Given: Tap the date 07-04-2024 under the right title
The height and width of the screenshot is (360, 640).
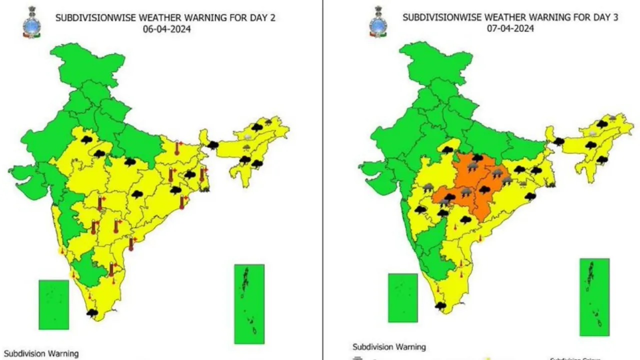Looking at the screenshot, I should pyautogui.click(x=510, y=28).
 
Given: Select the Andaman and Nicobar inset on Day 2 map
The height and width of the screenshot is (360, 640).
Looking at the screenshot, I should pyautogui.click(x=249, y=304).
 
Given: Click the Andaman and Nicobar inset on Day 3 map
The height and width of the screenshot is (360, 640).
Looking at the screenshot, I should pyautogui.click(x=594, y=297).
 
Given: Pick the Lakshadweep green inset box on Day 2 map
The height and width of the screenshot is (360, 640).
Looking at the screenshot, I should pyautogui.click(x=54, y=304).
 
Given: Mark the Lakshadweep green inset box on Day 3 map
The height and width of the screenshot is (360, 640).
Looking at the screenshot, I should pyautogui.click(x=402, y=297).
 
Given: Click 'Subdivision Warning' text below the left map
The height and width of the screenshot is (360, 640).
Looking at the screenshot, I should pyautogui.click(x=41, y=353).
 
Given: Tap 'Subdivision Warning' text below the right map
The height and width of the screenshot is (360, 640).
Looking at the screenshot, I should pyautogui.click(x=389, y=346).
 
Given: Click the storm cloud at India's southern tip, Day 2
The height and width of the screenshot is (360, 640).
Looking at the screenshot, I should pyautogui.click(x=92, y=313).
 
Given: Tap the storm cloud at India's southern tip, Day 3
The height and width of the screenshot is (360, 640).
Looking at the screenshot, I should pyautogui.click(x=440, y=305).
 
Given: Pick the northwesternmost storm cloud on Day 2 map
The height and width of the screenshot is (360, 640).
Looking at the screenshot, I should pyautogui.click(x=86, y=139).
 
